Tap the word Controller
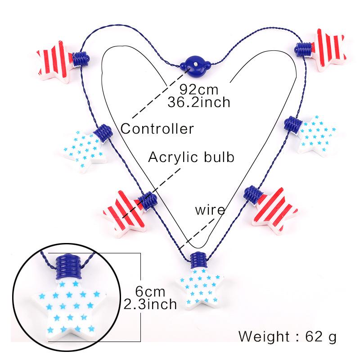click(x=157, y=129)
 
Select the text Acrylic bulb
click(x=191, y=157)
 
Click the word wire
click(x=210, y=210)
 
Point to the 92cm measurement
click(x=199, y=89)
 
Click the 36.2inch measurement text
click(x=199, y=102)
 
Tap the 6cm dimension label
click(x=150, y=292)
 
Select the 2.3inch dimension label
click(x=150, y=304)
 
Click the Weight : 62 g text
click(x=288, y=337)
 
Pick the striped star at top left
click(x=55, y=62)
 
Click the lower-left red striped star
click(x=125, y=212)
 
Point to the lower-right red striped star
click(x=275, y=210)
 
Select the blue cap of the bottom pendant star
click(x=198, y=260)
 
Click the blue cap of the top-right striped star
click(x=303, y=49)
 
